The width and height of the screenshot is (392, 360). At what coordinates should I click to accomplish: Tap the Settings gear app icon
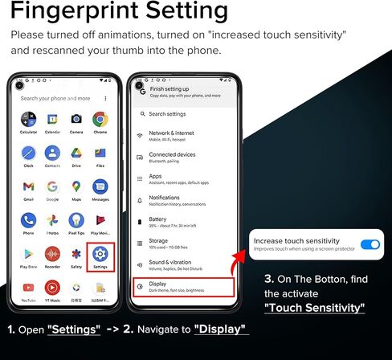click(100, 256)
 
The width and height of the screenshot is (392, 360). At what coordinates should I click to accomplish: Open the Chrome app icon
click(100, 118)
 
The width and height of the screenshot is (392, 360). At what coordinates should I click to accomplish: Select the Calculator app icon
click(29, 118)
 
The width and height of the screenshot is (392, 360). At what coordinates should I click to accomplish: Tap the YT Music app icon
click(53, 288)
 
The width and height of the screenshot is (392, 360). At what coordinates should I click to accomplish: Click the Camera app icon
click(76, 118)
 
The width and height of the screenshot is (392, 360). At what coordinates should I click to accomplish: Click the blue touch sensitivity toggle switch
click(370, 244)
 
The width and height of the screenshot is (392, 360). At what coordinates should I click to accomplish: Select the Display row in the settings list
click(183, 286)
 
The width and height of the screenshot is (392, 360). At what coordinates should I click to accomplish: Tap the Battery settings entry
click(183, 221)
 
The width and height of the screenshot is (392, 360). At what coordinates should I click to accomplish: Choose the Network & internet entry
click(183, 135)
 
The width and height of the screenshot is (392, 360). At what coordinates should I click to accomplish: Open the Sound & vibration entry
click(183, 264)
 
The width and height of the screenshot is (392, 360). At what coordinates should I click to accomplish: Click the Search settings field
click(183, 114)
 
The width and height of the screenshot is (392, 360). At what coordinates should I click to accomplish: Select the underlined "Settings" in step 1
click(74, 329)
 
